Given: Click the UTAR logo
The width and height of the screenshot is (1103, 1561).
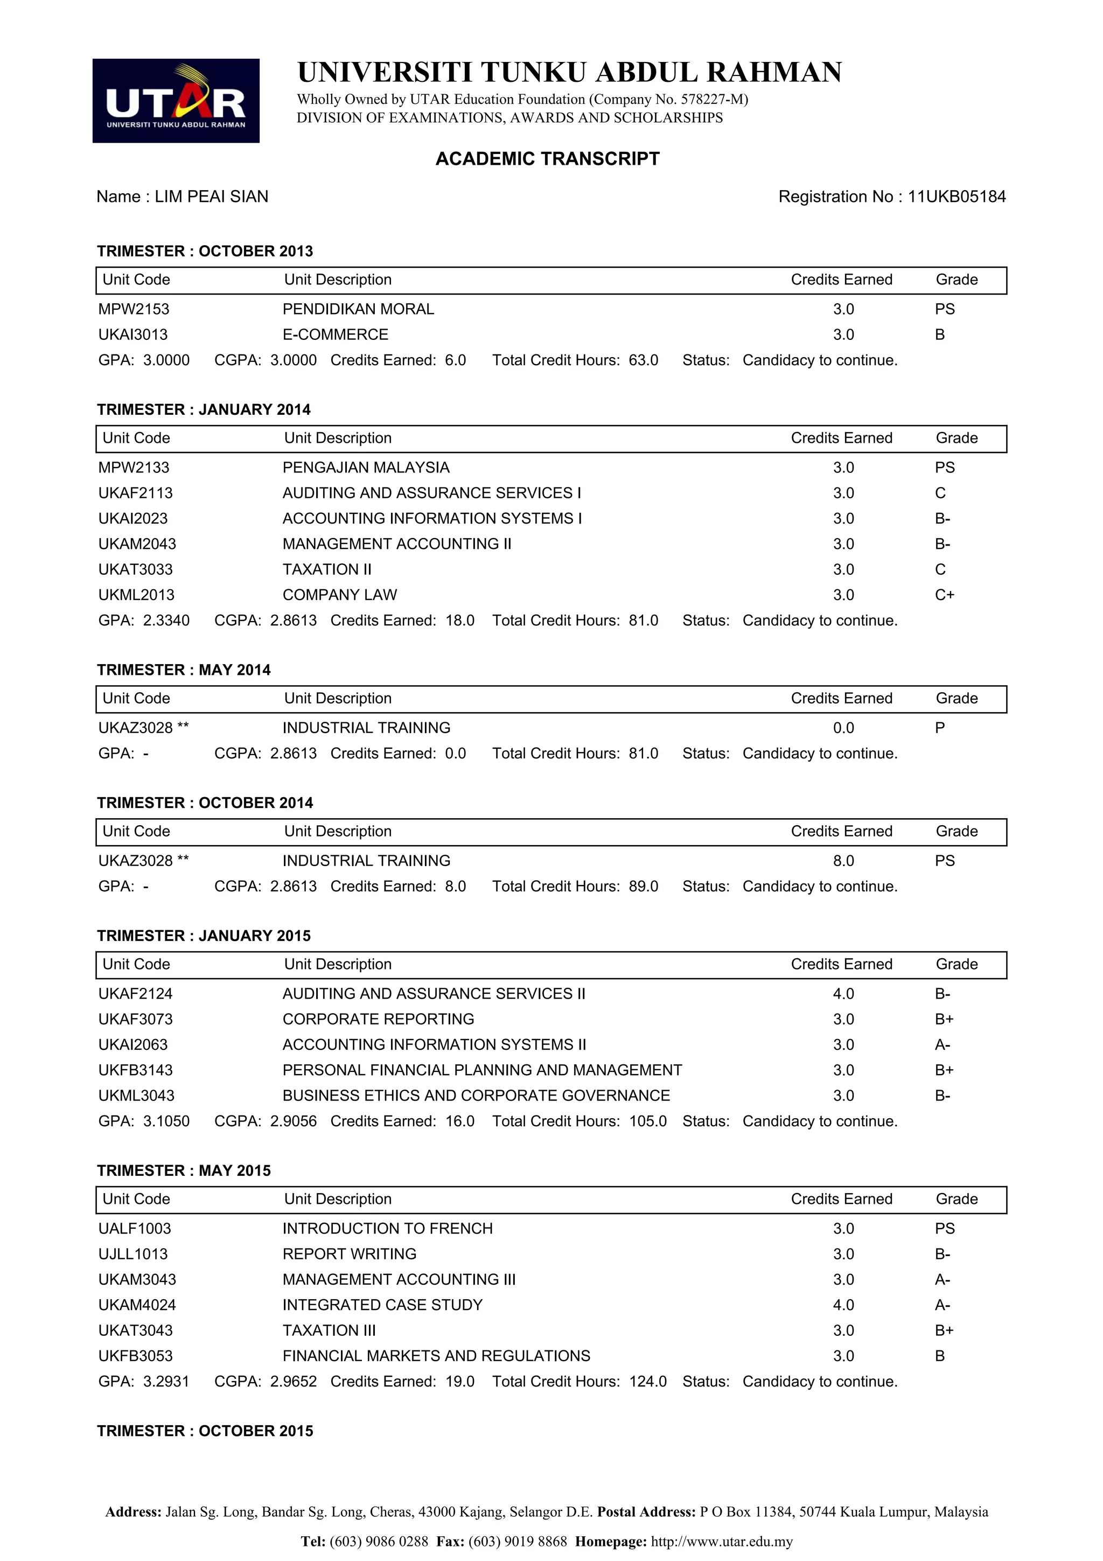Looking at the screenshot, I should [176, 101].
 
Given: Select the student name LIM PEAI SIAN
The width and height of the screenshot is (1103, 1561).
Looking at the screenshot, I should [211, 197].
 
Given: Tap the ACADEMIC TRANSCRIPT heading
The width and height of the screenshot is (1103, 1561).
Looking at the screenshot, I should [547, 158].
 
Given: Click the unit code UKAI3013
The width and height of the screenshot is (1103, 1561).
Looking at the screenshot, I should [132, 334].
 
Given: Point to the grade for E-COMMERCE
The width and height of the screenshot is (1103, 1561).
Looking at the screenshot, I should [940, 334].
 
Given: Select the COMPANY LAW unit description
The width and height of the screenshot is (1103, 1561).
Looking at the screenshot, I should [339, 595].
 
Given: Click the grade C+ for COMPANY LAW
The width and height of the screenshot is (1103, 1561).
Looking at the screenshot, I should [945, 595].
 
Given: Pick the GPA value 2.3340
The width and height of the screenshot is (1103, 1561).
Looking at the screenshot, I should [166, 620].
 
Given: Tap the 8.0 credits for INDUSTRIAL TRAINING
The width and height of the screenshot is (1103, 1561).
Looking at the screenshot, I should [843, 861].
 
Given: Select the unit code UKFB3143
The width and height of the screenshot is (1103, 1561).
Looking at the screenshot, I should [135, 1070].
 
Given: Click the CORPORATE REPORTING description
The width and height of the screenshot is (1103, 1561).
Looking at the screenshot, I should [378, 1019].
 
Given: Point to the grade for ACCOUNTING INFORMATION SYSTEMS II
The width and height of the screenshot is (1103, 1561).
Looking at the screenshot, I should [943, 1044].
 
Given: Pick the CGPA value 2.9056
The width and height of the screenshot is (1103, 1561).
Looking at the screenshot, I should [294, 1121].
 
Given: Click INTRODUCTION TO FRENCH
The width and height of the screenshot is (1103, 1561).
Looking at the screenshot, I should [387, 1229].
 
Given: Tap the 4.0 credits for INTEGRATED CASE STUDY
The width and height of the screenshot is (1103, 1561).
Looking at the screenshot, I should [843, 1305].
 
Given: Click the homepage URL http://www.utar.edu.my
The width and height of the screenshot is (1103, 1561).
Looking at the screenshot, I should [722, 1541].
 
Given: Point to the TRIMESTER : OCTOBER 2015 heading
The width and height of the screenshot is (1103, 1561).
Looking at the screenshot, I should [205, 1431].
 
